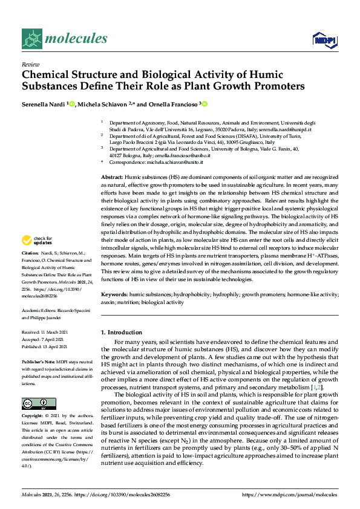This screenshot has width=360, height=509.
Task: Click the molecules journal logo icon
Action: click(x=31, y=39)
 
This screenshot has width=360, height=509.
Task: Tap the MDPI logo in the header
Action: click(x=323, y=40)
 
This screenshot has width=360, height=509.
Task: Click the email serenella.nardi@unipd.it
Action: click(x=286, y=129)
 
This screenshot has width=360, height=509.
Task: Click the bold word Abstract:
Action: click(x=112, y=175)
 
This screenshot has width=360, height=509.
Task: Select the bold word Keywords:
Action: click(x=114, y=294)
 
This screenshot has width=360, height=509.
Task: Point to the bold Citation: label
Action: click(x=30, y=252)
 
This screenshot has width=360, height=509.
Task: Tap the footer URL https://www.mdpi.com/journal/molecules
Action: click(x=290, y=494)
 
